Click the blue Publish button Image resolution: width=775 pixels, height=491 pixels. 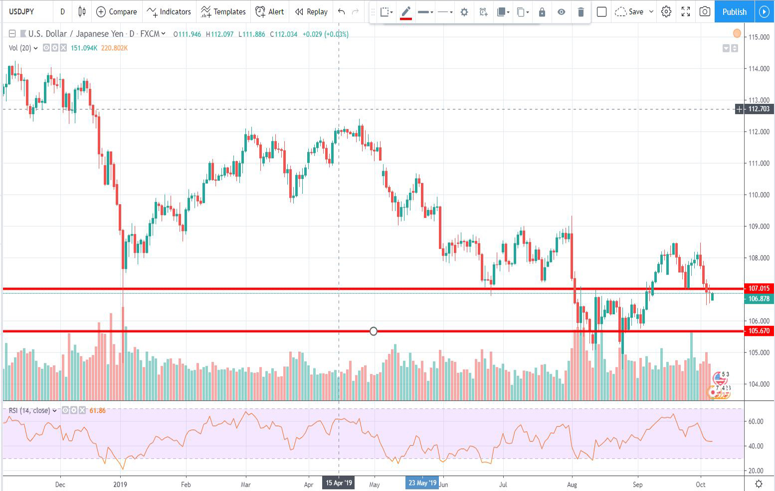click(x=734, y=11)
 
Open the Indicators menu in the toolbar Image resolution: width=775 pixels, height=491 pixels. click(x=169, y=11)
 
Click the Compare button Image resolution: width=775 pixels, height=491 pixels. click(x=116, y=11)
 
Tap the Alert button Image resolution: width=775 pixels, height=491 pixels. click(x=269, y=11)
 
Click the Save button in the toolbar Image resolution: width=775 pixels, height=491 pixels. click(x=629, y=11)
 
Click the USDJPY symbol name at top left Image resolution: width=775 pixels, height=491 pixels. click(x=21, y=11)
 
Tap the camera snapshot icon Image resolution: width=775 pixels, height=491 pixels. click(x=705, y=11)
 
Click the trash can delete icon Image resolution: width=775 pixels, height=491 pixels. click(x=581, y=12)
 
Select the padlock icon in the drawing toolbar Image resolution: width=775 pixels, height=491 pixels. click(x=542, y=12)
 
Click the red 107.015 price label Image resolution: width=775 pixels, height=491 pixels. click(x=759, y=288)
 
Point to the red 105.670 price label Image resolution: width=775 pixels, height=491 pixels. click(x=759, y=331)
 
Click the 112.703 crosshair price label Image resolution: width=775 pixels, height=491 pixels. click(x=759, y=109)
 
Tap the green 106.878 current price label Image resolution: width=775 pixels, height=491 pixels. click(x=759, y=298)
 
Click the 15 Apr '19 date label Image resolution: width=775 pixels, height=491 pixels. click(x=339, y=483)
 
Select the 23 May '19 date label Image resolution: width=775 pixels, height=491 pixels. click(x=422, y=483)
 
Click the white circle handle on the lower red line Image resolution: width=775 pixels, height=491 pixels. click(x=374, y=331)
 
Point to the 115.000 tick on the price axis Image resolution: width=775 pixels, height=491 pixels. click(x=759, y=37)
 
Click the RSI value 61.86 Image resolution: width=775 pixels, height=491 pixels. click(x=97, y=411)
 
